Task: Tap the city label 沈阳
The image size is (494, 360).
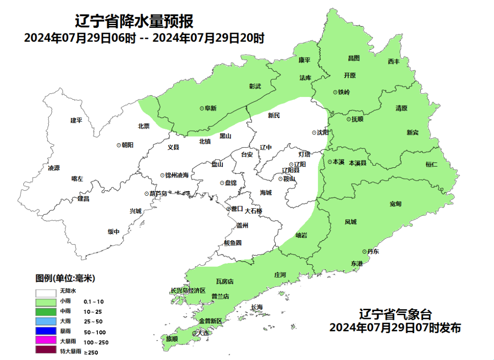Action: (322, 132)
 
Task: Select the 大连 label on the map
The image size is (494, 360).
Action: (202, 333)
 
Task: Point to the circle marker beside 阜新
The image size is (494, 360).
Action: (202, 108)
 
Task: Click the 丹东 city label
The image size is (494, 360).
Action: (372, 252)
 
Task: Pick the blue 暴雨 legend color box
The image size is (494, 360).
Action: (46, 331)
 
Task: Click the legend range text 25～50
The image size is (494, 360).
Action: (94, 322)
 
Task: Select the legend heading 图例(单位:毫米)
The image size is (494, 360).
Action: (65, 278)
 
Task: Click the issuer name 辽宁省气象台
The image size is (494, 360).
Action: (395, 315)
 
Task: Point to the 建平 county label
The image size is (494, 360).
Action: (76, 120)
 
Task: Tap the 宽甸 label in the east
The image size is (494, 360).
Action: (396, 204)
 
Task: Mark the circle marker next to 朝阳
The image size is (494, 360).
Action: (119, 145)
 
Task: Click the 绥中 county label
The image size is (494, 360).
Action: (113, 231)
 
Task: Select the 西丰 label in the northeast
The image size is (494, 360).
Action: (394, 61)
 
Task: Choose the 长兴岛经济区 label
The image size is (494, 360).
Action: (188, 290)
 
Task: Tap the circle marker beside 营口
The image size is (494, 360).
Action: (229, 209)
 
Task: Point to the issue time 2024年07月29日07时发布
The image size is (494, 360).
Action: (395, 328)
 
